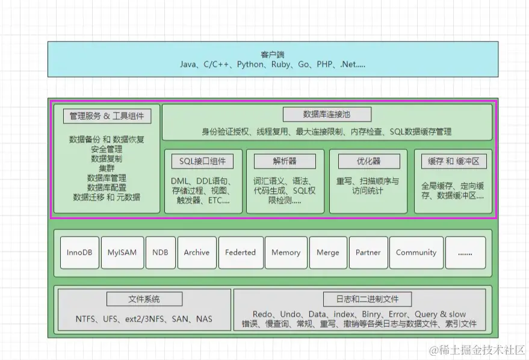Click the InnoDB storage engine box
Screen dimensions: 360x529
pyautogui.click(x=79, y=253)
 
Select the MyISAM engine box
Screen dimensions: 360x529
pyautogui.click(x=122, y=253)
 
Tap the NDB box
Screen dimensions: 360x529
pyautogui.click(x=160, y=253)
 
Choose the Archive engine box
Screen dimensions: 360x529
pyautogui.click(x=197, y=253)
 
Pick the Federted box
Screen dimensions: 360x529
pyautogui.click(x=240, y=253)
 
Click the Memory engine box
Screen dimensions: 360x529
pyautogui.click(x=286, y=253)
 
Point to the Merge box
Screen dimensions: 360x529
pyautogui.click(x=328, y=253)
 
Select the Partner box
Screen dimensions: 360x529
pyautogui.click(x=368, y=253)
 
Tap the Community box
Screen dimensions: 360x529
pyautogui.click(x=416, y=253)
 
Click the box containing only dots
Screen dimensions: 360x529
pyautogui.click(x=465, y=253)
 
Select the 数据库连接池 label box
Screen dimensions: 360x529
pyautogui.click(x=327, y=114)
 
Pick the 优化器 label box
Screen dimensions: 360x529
pyautogui.click(x=360, y=161)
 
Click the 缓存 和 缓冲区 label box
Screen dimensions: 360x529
pyautogui.click(x=453, y=161)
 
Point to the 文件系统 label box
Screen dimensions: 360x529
pyautogui.click(x=144, y=299)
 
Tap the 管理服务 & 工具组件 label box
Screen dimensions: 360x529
pyautogui.click(x=107, y=116)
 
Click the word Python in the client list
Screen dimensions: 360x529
pyautogui.click(x=250, y=64)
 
